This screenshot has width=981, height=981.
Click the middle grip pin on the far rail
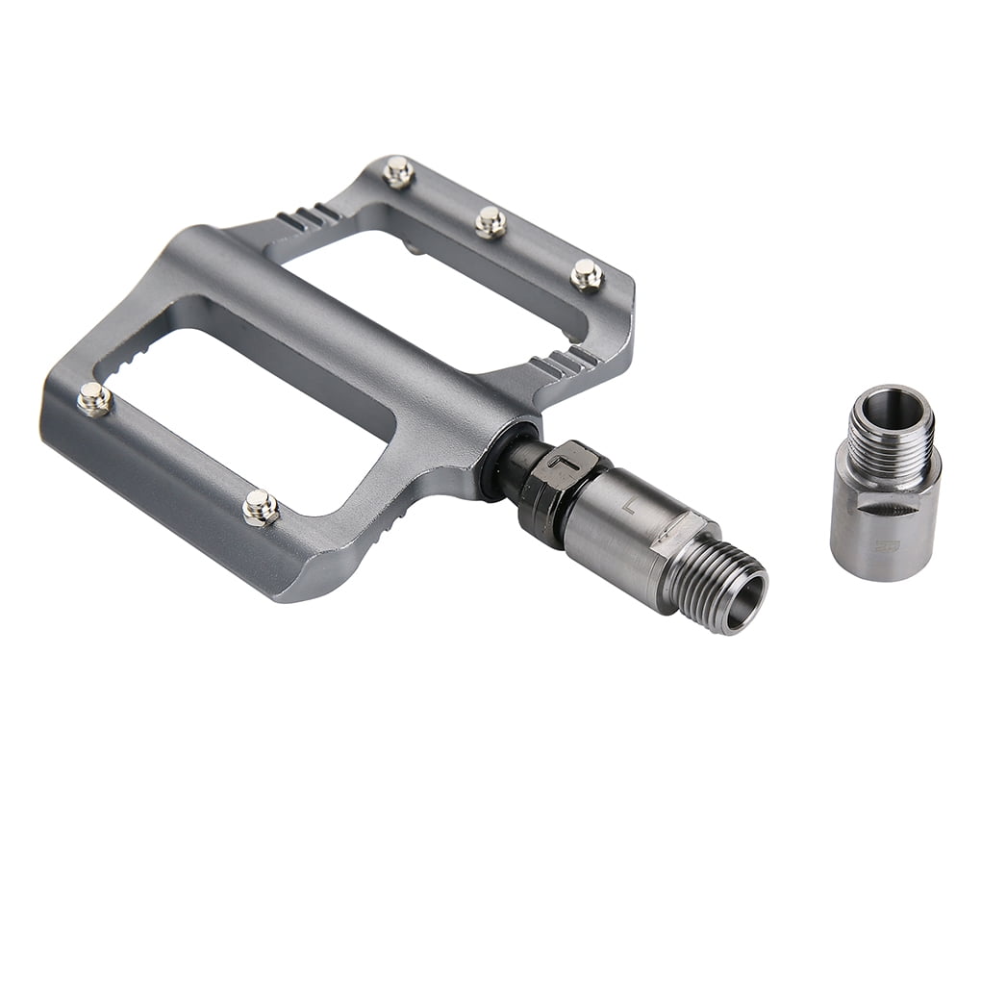(x=490, y=222)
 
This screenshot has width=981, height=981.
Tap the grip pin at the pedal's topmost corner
(x=398, y=172)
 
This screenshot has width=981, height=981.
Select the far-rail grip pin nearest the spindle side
(x=586, y=275)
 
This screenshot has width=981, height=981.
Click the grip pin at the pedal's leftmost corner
(x=93, y=398)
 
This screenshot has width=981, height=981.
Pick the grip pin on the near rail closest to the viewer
(x=260, y=507)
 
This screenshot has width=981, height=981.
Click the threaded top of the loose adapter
(x=890, y=428)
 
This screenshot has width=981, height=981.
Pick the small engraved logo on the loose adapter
(x=882, y=545)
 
